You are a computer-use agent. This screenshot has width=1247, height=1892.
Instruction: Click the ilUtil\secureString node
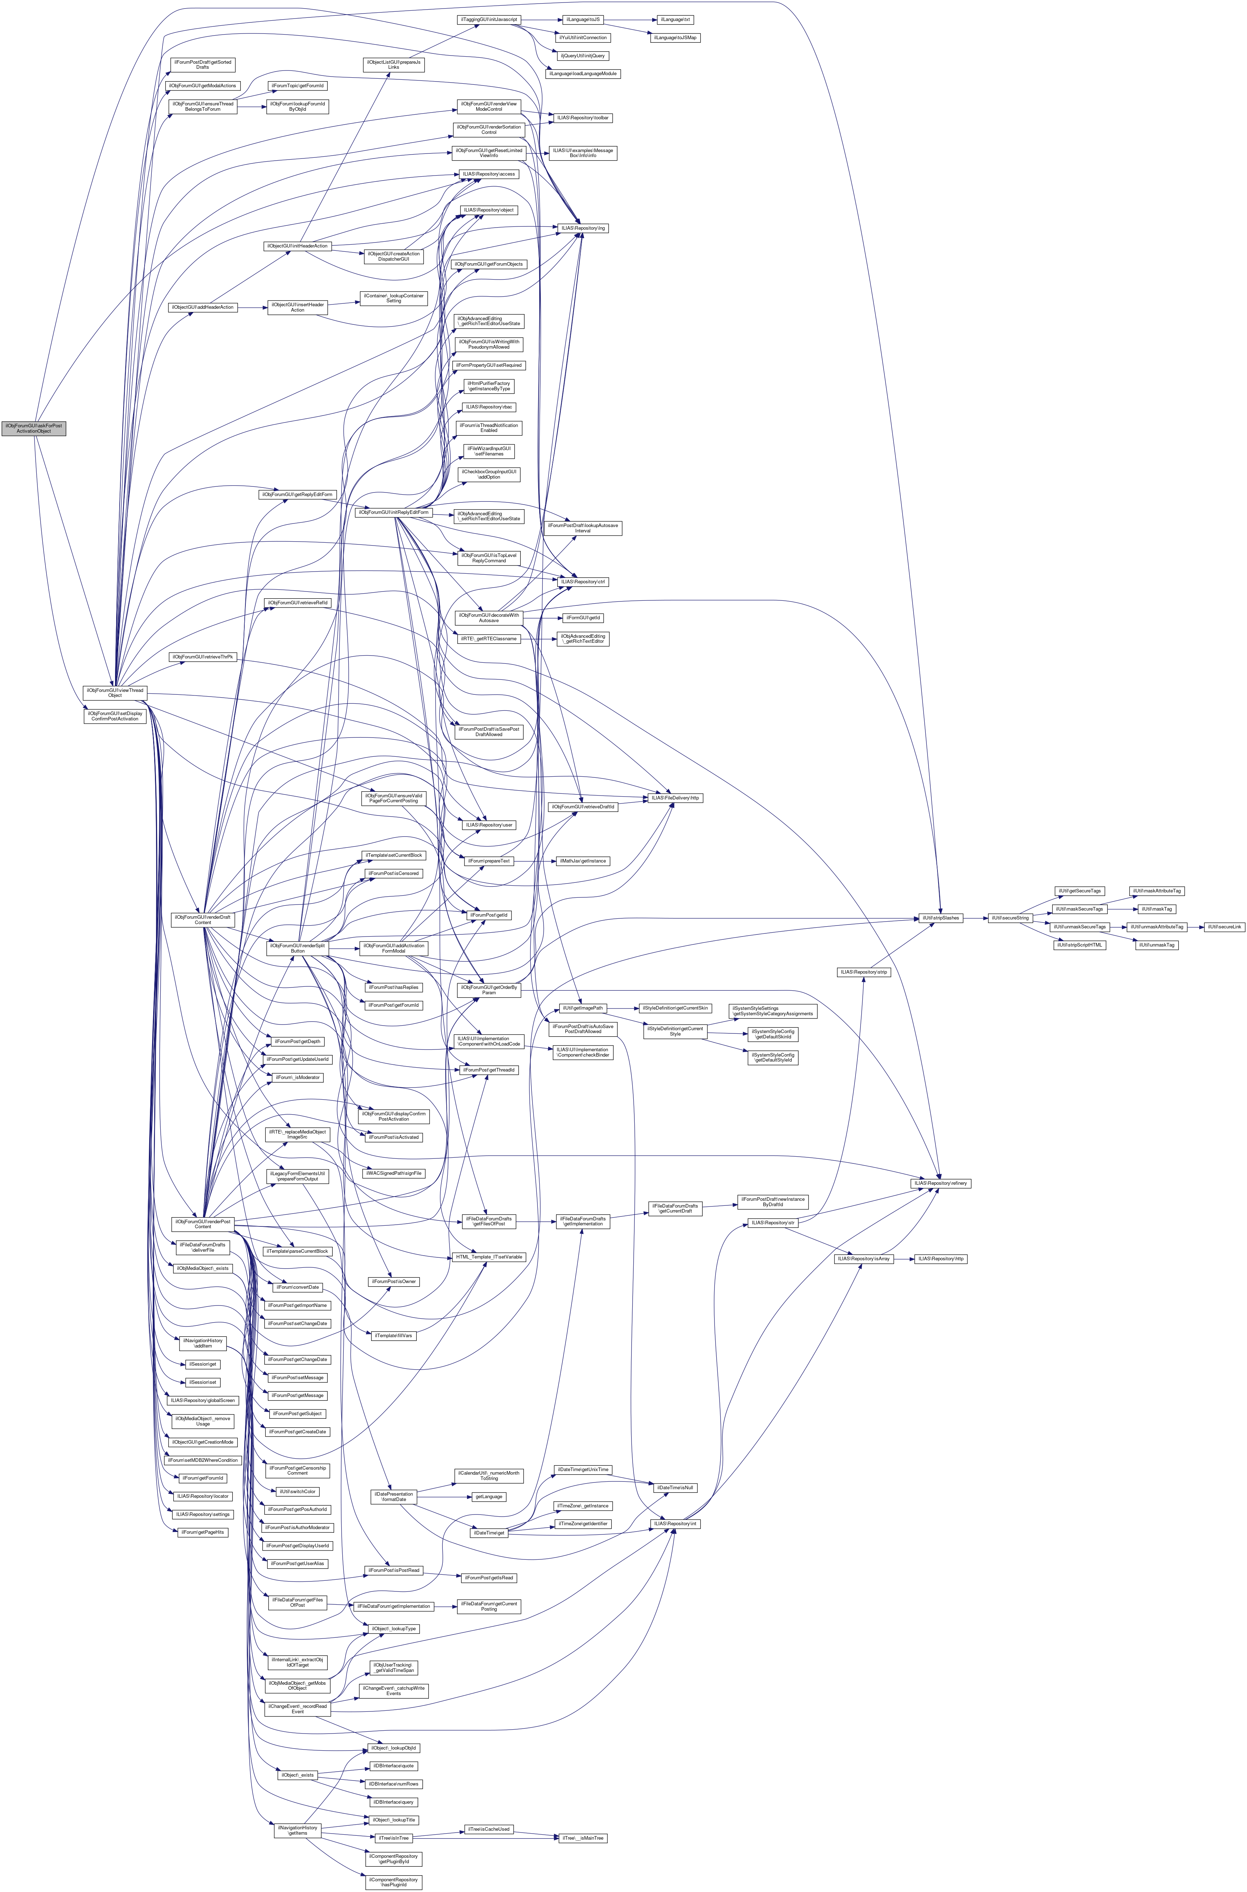1008,917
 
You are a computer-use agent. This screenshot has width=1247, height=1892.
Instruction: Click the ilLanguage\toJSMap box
676,37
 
